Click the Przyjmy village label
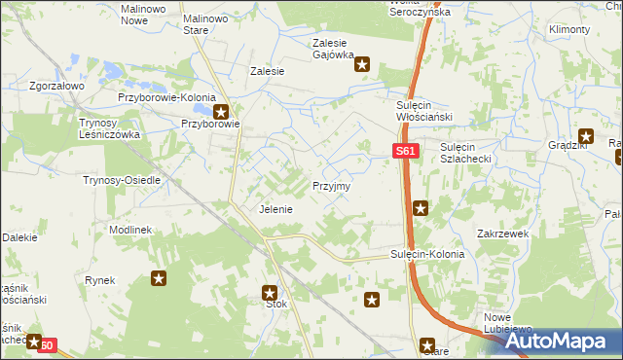[331, 185]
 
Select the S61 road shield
[406, 152]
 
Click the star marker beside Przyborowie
[222, 111]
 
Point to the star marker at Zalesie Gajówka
[362, 66]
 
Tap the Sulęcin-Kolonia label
[427, 254]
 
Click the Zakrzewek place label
[502, 234]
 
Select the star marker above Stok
[271, 291]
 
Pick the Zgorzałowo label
[57, 86]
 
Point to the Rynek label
[100, 280]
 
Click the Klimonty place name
[568, 30]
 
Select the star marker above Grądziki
[586, 137]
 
